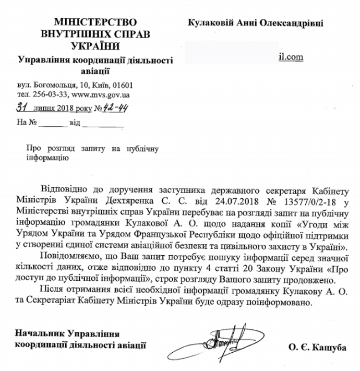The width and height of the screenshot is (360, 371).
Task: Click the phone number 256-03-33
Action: (x=53, y=95)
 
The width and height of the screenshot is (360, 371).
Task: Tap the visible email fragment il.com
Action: (x=291, y=57)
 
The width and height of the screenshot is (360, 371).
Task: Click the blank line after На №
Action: (x=52, y=124)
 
